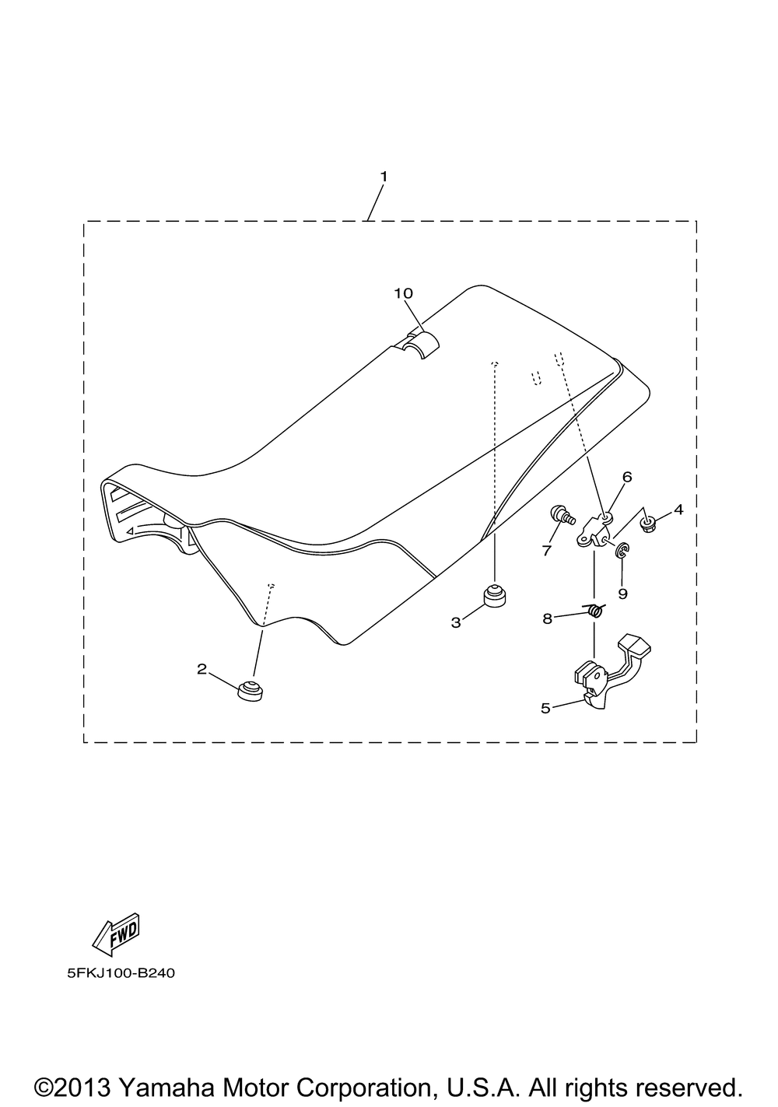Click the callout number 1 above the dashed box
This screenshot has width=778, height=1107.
[x=384, y=177]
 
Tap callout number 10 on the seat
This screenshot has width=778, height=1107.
[x=403, y=293]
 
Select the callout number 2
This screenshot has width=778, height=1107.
[x=202, y=669]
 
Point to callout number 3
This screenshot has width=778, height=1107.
[x=456, y=622]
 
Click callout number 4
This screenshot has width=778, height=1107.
[x=678, y=510]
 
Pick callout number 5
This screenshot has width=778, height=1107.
[x=545, y=708]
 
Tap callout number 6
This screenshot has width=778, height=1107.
[x=627, y=477]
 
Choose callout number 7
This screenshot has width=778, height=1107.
[x=547, y=550]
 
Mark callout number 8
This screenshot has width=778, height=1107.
[x=547, y=618]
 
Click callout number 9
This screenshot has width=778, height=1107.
[x=623, y=593]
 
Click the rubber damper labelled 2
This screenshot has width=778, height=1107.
[x=250, y=690]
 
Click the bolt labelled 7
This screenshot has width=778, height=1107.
[x=562, y=516]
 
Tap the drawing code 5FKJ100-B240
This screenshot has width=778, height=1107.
[x=121, y=973]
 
